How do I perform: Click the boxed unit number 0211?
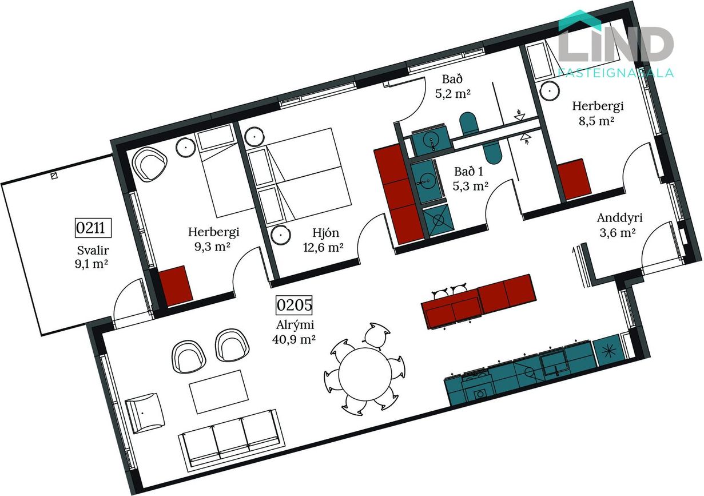pyautogui.click(x=93, y=228)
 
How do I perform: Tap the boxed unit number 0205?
pyautogui.click(x=294, y=305)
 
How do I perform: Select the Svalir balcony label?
pyautogui.click(x=93, y=251)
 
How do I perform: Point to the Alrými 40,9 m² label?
pyautogui.click(x=295, y=332)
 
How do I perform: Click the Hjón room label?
pyautogui.click(x=325, y=233)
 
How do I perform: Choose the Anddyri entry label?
pyautogui.click(x=619, y=218)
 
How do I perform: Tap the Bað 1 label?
pyautogui.click(x=468, y=172)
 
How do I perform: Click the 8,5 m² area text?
pyautogui.click(x=596, y=121)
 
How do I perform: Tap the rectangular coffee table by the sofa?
pyautogui.click(x=218, y=392)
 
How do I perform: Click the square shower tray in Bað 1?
pyautogui.click(x=438, y=221)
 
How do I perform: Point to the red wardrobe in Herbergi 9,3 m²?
pyautogui.click(x=175, y=285)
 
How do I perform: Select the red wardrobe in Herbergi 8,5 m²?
pyautogui.click(x=575, y=180)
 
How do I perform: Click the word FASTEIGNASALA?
pyautogui.click(x=616, y=73)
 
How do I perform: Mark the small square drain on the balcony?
pyautogui.click(x=54, y=176)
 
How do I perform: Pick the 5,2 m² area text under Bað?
pyautogui.click(x=453, y=93)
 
